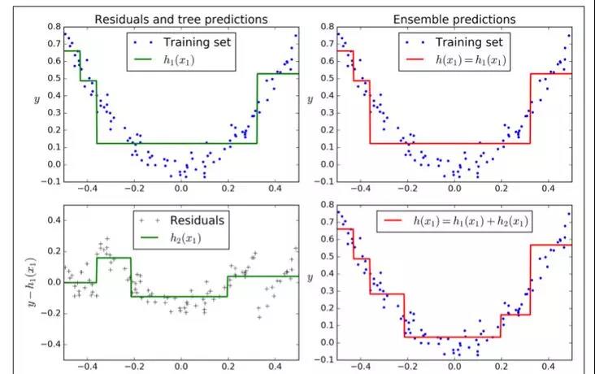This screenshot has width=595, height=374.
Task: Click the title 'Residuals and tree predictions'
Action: coord(180,18)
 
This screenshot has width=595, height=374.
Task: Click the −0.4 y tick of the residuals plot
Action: coord(46,344)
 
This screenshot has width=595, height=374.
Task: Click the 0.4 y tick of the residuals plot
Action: coord(49,220)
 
